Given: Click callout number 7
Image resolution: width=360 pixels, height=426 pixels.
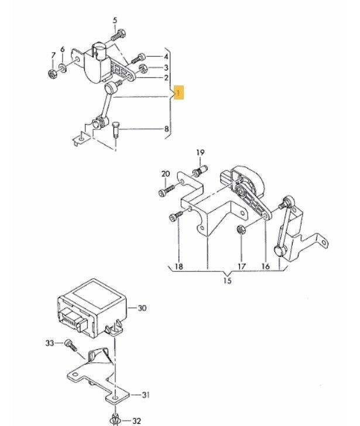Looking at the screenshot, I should tap(53, 56).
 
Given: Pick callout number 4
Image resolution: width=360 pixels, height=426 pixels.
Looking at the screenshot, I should tap(166, 57).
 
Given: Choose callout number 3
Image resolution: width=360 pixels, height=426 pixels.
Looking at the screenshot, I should tap(166, 68).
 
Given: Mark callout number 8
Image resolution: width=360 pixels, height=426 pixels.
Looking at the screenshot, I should tap(166, 129).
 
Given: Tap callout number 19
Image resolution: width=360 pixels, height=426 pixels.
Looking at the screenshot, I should tap(200, 153).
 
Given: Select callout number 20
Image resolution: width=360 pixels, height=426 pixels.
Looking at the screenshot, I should tap(165, 174).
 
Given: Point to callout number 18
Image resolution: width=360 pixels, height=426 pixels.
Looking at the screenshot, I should tap(179, 266).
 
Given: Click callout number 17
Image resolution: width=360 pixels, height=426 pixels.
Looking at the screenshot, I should tap(241, 266).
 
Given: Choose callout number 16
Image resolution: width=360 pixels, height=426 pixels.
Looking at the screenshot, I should tap(266, 266).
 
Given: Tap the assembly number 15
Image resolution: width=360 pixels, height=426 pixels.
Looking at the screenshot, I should tap(227, 281).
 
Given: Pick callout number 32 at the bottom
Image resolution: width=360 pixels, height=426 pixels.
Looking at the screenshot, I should tap(136, 420).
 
